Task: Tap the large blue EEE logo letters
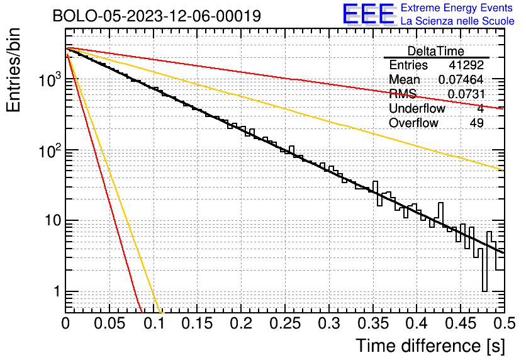point(369,14)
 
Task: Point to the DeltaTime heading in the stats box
point(436,51)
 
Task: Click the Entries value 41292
point(466,65)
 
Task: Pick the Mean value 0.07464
point(461,80)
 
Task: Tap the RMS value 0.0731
point(466,94)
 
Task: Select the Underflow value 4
point(480,109)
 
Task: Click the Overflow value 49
point(476,123)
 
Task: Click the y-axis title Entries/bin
point(18,70)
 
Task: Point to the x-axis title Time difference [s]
point(430,346)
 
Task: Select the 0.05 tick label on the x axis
point(109,323)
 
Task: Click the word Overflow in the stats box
point(413,123)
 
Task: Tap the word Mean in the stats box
point(405,80)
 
